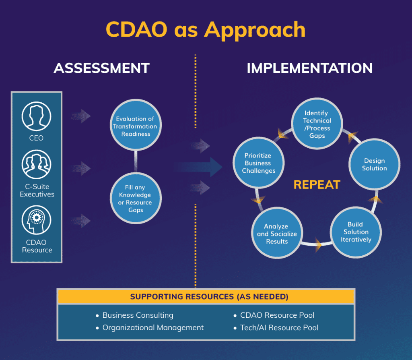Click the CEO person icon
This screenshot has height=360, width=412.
pos(37,117)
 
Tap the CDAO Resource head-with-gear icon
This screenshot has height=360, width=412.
pos(37,219)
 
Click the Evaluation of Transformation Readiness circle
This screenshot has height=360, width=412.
pos(136,126)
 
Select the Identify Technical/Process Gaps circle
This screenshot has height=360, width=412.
pos(317,124)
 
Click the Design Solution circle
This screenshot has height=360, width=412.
pos(374,164)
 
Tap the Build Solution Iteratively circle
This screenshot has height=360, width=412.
pos(356,232)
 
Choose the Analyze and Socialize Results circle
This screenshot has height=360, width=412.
pos(277,234)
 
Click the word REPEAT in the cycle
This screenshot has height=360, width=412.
pos(317,185)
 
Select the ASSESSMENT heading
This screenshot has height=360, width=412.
pos(101,68)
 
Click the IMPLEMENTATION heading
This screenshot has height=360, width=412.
pos(309,68)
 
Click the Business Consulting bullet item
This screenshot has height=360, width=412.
pos(138,315)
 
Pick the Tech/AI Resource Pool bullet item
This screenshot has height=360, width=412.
pos(279,328)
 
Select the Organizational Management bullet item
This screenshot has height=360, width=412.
pos(153,328)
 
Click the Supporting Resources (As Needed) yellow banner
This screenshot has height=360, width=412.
pos(206,297)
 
